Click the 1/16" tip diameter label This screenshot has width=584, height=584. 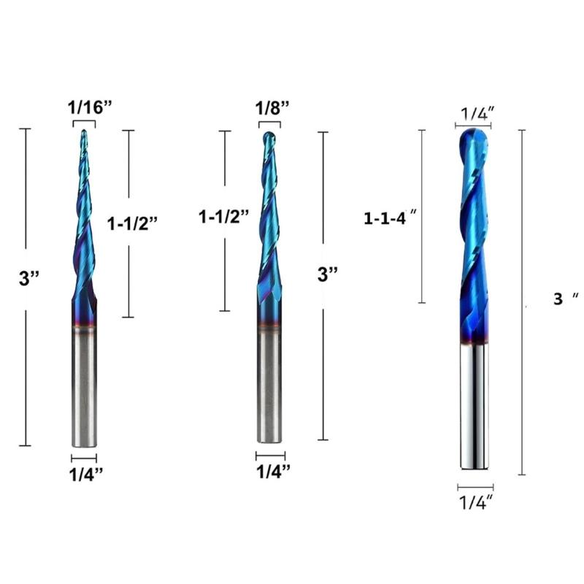pyautogui.click(x=90, y=107)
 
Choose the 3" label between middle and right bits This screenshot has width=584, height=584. pyautogui.click(x=328, y=274)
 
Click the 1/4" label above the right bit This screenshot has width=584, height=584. pyautogui.click(x=477, y=113)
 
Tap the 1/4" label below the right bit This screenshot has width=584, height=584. pyautogui.click(x=476, y=502)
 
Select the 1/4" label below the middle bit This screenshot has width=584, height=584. pyautogui.click(x=272, y=472)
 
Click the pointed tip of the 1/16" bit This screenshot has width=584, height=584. pyautogui.click(x=84, y=133)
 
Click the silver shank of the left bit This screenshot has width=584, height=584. pyautogui.click(x=84, y=387)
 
